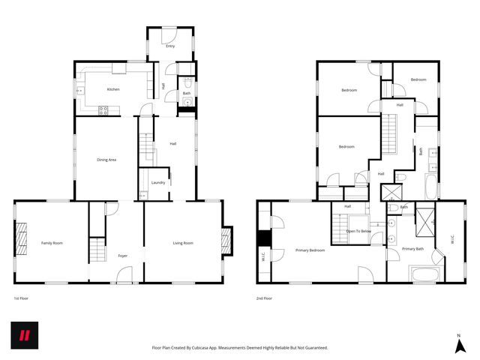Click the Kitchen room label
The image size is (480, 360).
[x=113, y=89]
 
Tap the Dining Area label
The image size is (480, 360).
[x=106, y=160]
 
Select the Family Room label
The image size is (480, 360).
[x=52, y=243]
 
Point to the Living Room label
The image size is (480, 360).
[x=183, y=243]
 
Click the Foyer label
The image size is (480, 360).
[x=122, y=256]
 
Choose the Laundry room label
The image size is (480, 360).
[x=157, y=182]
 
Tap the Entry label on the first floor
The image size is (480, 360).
[x=170, y=46]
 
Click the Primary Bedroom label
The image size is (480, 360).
[x=310, y=250]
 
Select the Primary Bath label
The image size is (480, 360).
[x=412, y=248]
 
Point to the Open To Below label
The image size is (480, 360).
[x=358, y=232]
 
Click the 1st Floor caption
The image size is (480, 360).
[x=21, y=298]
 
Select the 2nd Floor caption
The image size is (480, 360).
[x=264, y=298]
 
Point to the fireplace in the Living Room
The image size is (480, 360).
[x=226, y=241]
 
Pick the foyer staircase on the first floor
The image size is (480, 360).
[x=96, y=248]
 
